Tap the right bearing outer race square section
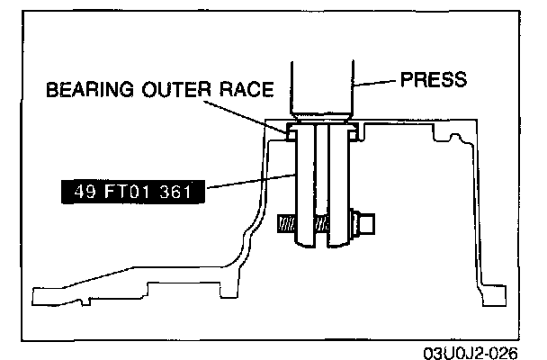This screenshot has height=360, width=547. (x=352, y=132)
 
